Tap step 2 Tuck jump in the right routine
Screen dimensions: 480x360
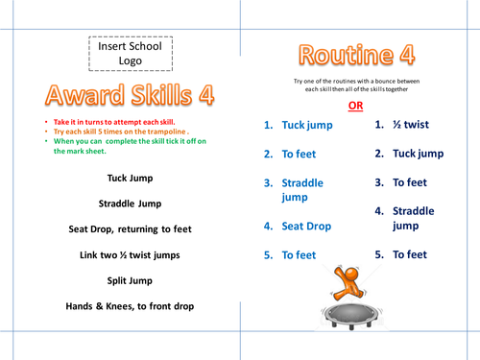click(409, 153)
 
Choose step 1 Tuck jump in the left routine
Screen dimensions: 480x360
click(299, 125)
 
